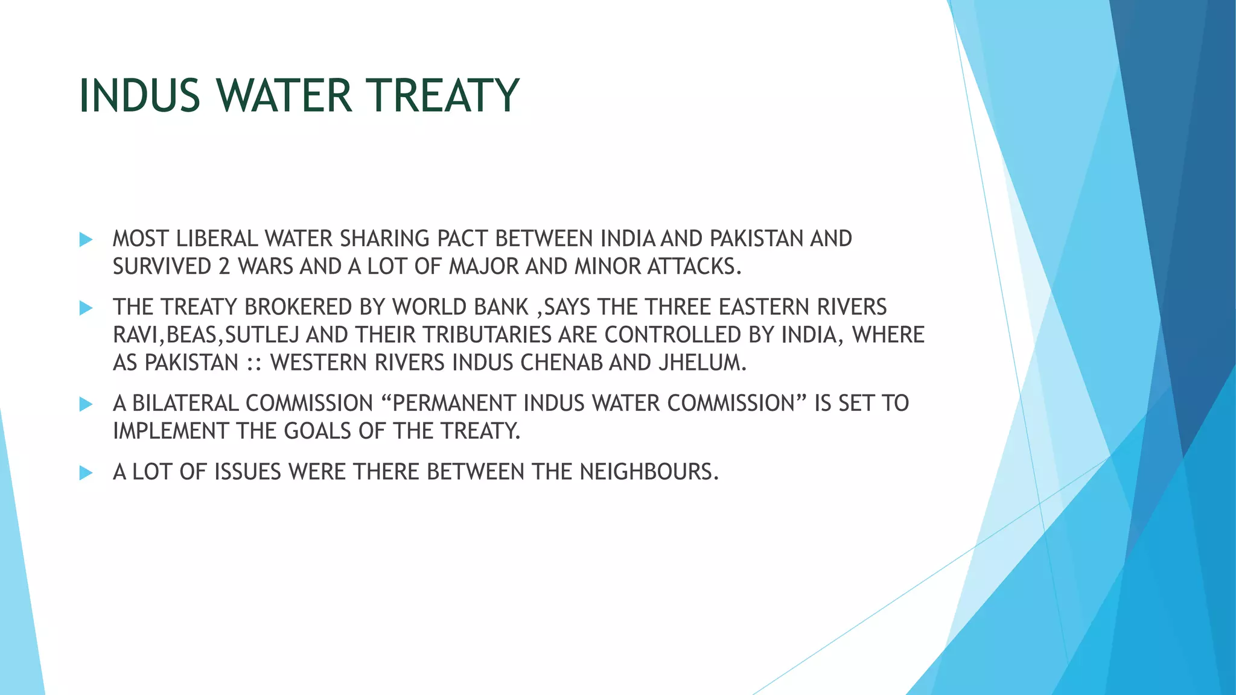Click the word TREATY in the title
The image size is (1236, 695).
(444, 96)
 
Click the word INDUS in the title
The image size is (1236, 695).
(139, 96)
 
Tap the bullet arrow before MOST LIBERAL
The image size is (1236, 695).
(86, 240)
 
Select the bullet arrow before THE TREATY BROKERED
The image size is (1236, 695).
(86, 308)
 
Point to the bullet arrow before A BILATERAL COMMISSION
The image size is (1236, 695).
(86, 404)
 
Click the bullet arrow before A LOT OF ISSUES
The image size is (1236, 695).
(86, 472)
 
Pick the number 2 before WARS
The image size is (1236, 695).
(225, 267)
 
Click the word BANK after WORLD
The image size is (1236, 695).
(501, 307)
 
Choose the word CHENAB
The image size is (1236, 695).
(561, 363)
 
